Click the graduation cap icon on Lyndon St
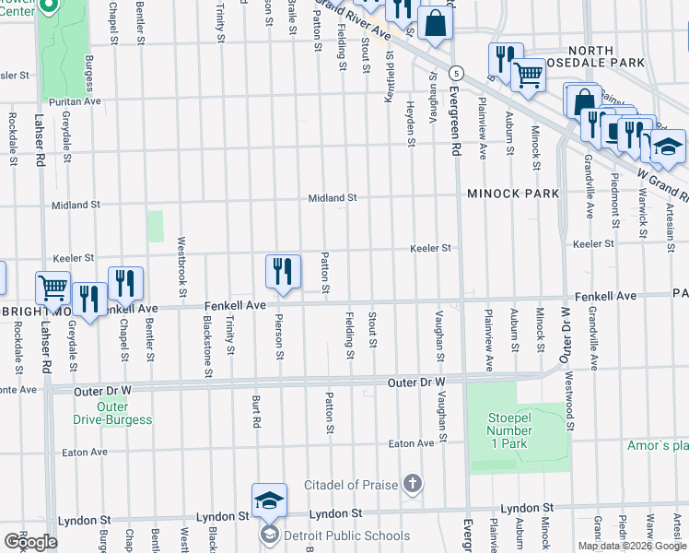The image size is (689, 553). [270, 500]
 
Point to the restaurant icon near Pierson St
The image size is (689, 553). [284, 271]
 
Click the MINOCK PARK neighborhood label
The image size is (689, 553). [513, 194]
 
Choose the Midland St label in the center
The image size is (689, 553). [332, 198]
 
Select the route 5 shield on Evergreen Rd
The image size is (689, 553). [455, 72]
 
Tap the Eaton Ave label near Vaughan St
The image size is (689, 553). [411, 444]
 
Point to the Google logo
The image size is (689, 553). [30, 541]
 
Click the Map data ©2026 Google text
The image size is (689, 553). [632, 546]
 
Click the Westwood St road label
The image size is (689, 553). [571, 401]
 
